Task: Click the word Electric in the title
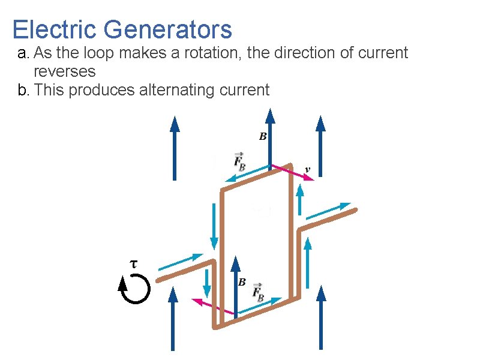tap(54, 29)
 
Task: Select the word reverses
tap(65, 71)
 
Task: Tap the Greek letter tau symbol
tap(134, 263)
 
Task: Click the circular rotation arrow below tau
tap(134, 290)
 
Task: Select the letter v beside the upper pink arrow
tap(308, 170)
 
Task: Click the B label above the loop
tap(262, 137)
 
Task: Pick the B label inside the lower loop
tap(242, 281)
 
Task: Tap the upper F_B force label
tap(239, 160)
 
